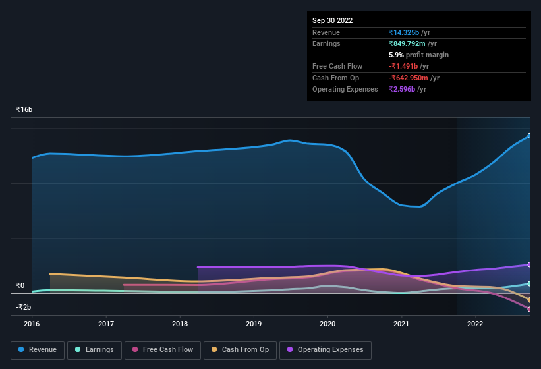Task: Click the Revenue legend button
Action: pyautogui.click(x=38, y=349)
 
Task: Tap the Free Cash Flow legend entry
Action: pyautogui.click(x=163, y=349)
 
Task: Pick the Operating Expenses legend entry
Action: pyautogui.click(x=325, y=349)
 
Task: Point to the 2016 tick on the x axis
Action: pyautogui.click(x=32, y=324)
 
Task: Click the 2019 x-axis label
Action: pyautogui.click(x=254, y=324)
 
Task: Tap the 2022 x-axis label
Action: pyautogui.click(x=475, y=324)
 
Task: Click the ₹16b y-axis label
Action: pyautogui.click(x=24, y=109)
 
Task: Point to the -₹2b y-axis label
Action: pyautogui.click(x=23, y=307)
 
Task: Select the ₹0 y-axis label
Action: pyautogui.click(x=20, y=285)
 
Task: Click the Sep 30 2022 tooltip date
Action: pyautogui.click(x=332, y=20)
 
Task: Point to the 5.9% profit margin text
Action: pyautogui.click(x=419, y=55)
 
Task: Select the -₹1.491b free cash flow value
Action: pyautogui.click(x=409, y=67)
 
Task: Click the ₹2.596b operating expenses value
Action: pyautogui.click(x=407, y=89)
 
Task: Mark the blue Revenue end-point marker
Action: pyautogui.click(x=529, y=136)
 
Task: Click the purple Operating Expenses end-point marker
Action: pyautogui.click(x=529, y=264)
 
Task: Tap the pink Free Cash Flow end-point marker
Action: pyautogui.click(x=529, y=309)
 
